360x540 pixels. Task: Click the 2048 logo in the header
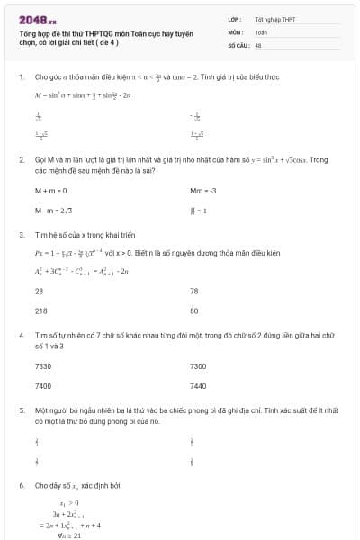tap(37, 19)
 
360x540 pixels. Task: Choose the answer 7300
tap(198, 366)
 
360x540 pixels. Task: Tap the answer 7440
tap(198, 385)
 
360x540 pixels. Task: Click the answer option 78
tap(194, 291)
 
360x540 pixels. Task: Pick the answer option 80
tap(194, 310)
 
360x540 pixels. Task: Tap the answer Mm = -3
tap(203, 192)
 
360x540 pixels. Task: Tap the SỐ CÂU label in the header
tap(238, 44)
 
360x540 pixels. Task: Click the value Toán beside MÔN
tap(261, 31)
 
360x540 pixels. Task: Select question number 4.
tap(21, 335)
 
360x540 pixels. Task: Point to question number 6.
tap(21, 485)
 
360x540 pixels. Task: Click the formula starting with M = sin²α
tap(83, 94)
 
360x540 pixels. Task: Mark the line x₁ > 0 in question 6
tap(69, 503)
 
